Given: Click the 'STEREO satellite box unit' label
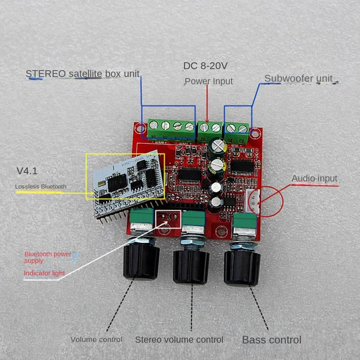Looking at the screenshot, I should pyautogui.click(x=82, y=73).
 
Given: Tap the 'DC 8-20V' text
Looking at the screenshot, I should pyautogui.click(x=205, y=66).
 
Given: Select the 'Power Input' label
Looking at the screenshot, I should pyautogui.click(x=209, y=81).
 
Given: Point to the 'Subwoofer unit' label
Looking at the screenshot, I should pyautogui.click(x=298, y=78).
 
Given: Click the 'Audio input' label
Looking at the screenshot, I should pyautogui.click(x=314, y=179).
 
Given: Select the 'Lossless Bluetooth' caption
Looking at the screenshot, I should pyautogui.click(x=40, y=186).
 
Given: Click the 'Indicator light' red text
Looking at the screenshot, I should pyautogui.click(x=44, y=273).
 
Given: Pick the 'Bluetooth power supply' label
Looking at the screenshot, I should pyautogui.click(x=48, y=257).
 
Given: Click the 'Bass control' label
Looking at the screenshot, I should pyautogui.click(x=272, y=339).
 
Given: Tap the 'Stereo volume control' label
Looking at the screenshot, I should pyautogui.click(x=179, y=339).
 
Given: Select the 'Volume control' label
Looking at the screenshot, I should pyautogui.click(x=96, y=339).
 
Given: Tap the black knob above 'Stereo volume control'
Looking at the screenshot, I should pyautogui.click(x=191, y=266).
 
